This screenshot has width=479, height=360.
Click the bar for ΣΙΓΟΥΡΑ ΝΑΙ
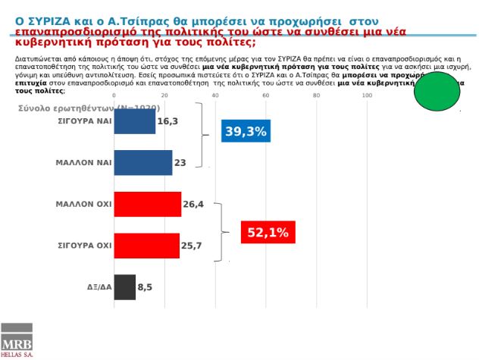[134, 121]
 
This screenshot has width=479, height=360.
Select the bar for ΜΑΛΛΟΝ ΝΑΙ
[142, 163]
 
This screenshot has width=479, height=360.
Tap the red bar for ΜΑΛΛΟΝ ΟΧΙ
[147, 204]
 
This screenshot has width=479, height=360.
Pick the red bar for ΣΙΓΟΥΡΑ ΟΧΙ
[146, 246]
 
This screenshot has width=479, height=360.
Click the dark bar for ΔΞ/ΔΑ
[124, 287]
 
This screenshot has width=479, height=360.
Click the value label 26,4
[195, 204]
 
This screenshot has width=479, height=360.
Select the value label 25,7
[193, 246]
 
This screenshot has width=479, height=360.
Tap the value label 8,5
[145, 287]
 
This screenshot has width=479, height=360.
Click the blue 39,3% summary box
[245, 132]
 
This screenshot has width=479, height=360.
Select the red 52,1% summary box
[268, 232]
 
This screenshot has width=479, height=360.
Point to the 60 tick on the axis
[266, 95]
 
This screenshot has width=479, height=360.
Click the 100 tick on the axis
[367, 95]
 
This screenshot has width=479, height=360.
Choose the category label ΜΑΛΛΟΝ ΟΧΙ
[83, 204]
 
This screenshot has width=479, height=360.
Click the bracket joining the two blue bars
[202, 135]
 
